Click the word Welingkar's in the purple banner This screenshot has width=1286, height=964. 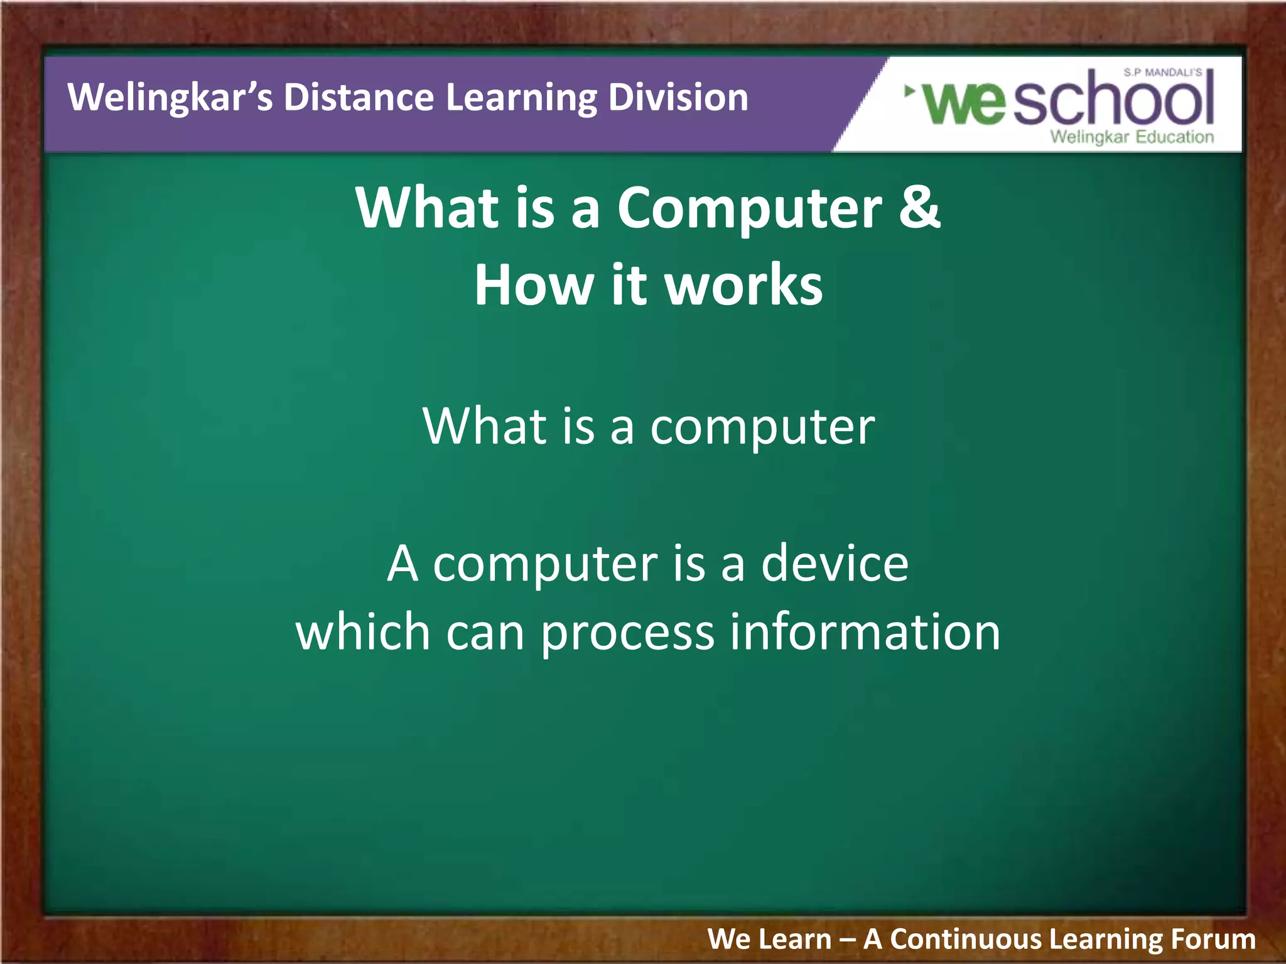coord(170,98)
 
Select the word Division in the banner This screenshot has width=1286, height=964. coord(678,98)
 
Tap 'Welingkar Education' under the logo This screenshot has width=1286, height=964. coord(1132,137)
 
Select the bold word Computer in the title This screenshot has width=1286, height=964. coord(750,209)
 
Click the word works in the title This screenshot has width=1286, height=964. coord(743,286)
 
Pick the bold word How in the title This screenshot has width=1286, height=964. coord(534,286)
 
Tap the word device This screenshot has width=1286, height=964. coord(835,563)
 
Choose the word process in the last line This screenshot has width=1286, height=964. coord(627,633)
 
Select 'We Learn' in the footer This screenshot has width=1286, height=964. coord(769,939)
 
